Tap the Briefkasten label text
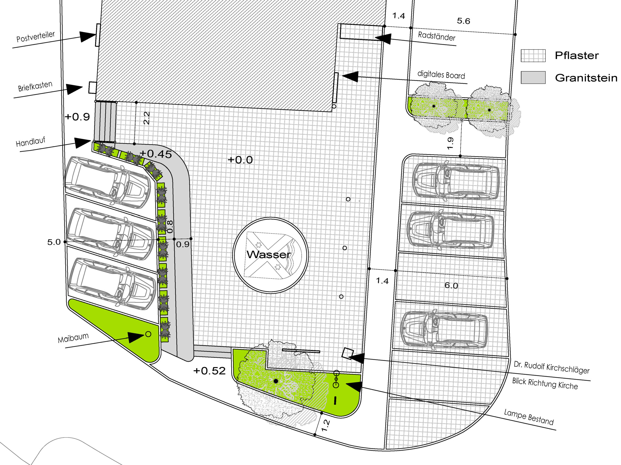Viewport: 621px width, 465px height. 35,86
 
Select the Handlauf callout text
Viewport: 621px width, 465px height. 30,142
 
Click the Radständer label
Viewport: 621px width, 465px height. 437,36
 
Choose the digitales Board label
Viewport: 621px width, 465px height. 441,75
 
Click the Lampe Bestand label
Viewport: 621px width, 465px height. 529,417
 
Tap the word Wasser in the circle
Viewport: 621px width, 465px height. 269,254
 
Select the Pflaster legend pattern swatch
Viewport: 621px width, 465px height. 533,55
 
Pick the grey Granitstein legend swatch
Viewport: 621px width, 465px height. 533,77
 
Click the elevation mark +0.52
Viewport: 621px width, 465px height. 209,371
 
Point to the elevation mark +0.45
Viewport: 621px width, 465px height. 156,154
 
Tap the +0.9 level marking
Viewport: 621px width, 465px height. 77,116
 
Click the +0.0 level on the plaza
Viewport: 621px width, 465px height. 240,160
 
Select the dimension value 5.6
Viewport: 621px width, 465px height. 463,21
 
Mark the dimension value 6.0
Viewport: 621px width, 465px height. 451,286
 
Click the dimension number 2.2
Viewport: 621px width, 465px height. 147,118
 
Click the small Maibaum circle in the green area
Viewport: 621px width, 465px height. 148,334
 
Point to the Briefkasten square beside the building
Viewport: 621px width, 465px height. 93,88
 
